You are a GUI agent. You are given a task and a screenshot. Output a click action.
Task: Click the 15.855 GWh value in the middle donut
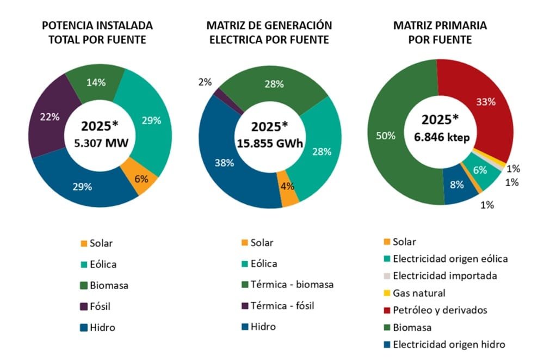(270, 144)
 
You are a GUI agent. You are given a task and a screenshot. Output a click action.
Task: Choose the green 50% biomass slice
(391, 136)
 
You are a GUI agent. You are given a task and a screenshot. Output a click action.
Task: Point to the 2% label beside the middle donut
(206, 82)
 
